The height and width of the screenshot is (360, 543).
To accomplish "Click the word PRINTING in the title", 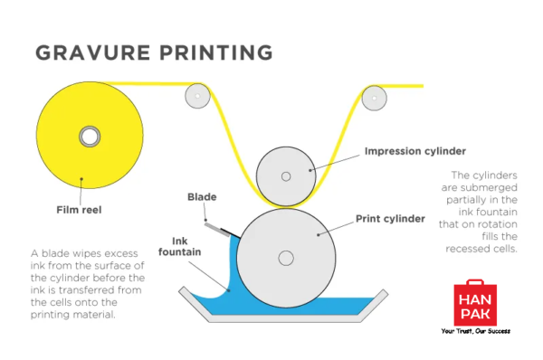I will (214, 52).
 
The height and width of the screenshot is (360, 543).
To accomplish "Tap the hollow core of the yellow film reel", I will (89, 137).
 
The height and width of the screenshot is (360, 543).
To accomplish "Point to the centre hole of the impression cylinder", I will (286, 175).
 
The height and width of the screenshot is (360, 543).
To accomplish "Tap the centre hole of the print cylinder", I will (286, 260).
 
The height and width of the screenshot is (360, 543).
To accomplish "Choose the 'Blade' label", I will (200, 196).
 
